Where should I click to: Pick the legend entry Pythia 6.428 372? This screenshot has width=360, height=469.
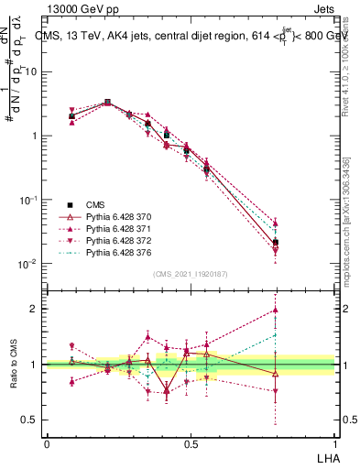(120, 240)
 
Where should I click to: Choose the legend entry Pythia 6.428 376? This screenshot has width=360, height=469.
(120, 252)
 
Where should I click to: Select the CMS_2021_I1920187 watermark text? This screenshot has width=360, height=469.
(190, 274)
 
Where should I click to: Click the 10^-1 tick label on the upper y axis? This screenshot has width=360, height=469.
(26, 200)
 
